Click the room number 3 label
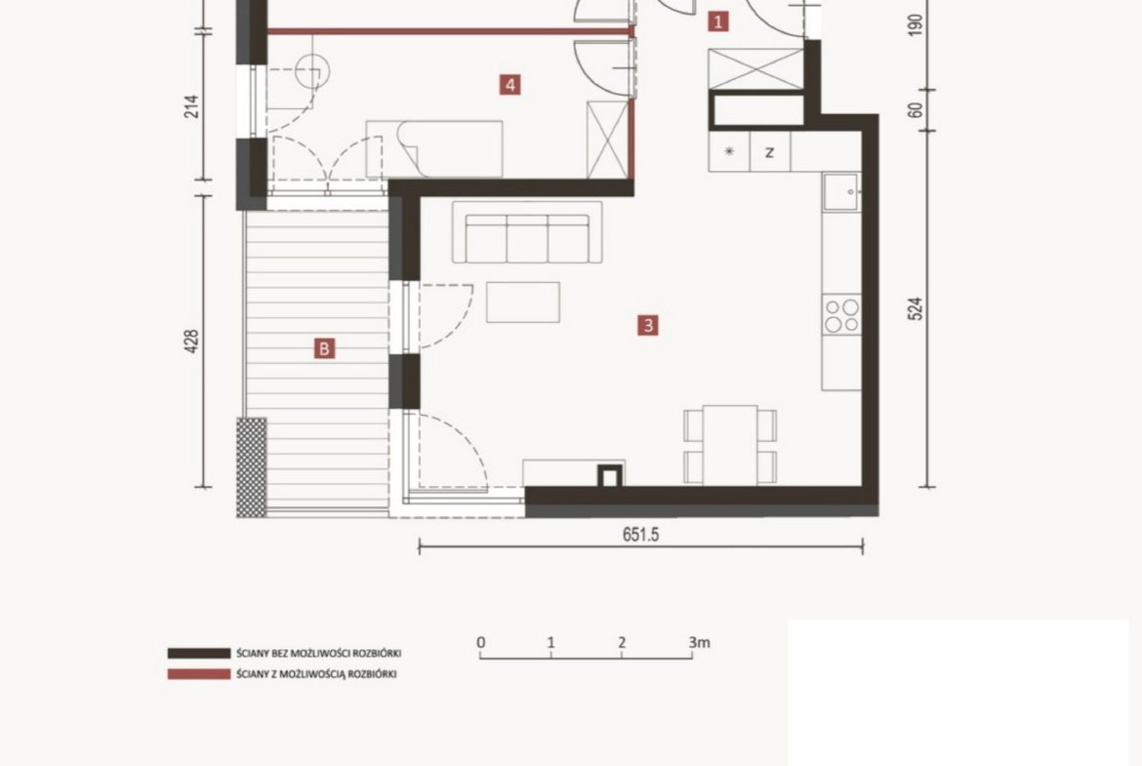pos(648,325)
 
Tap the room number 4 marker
pos(510,85)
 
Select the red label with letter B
pos(324,348)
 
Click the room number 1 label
pos(718,21)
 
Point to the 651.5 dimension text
pos(641,535)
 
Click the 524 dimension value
pos(917,308)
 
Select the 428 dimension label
pos(191,342)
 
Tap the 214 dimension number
pos(191,107)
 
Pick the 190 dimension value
pos(917,24)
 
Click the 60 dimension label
pos(917,110)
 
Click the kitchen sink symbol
pos(842,191)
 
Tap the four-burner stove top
pos(842,315)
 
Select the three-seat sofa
pos(527,233)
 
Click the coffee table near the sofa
pos(523,302)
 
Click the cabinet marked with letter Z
pos(770,152)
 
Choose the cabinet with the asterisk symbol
pos(729,152)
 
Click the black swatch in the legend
pos(199,653)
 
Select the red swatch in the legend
pos(199,674)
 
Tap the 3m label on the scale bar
pos(699,642)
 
